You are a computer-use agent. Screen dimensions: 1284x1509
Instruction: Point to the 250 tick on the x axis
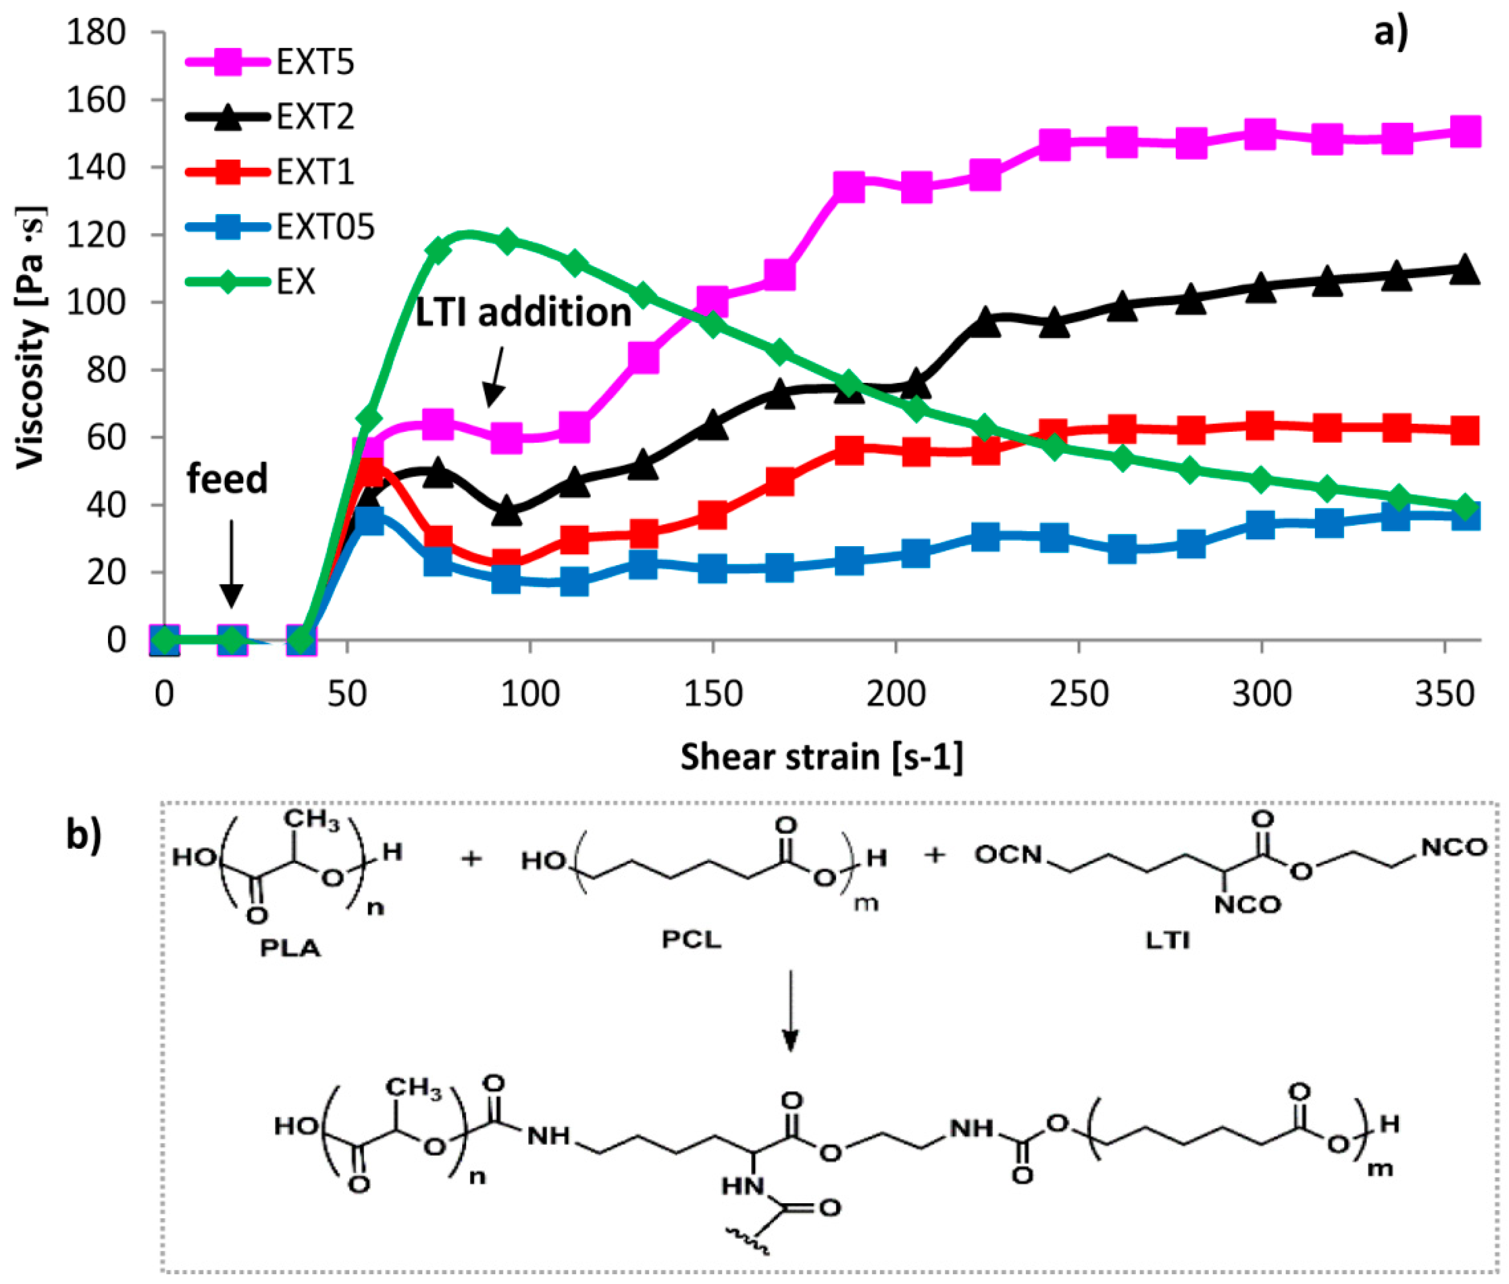click(x=1078, y=694)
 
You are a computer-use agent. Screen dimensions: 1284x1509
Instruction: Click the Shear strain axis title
click(x=821, y=757)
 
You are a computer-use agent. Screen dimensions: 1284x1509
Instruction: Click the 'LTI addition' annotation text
click(x=522, y=313)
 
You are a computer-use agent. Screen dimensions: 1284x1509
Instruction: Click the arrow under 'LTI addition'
click(x=495, y=375)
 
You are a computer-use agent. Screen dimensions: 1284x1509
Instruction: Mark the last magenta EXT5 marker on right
click(x=1465, y=132)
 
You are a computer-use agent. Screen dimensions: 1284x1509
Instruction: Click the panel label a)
click(x=1390, y=33)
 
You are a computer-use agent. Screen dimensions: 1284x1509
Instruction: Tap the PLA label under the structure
click(x=290, y=948)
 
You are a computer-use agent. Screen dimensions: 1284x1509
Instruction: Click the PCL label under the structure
click(x=691, y=940)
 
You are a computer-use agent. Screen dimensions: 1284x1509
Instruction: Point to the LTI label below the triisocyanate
click(x=1167, y=941)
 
